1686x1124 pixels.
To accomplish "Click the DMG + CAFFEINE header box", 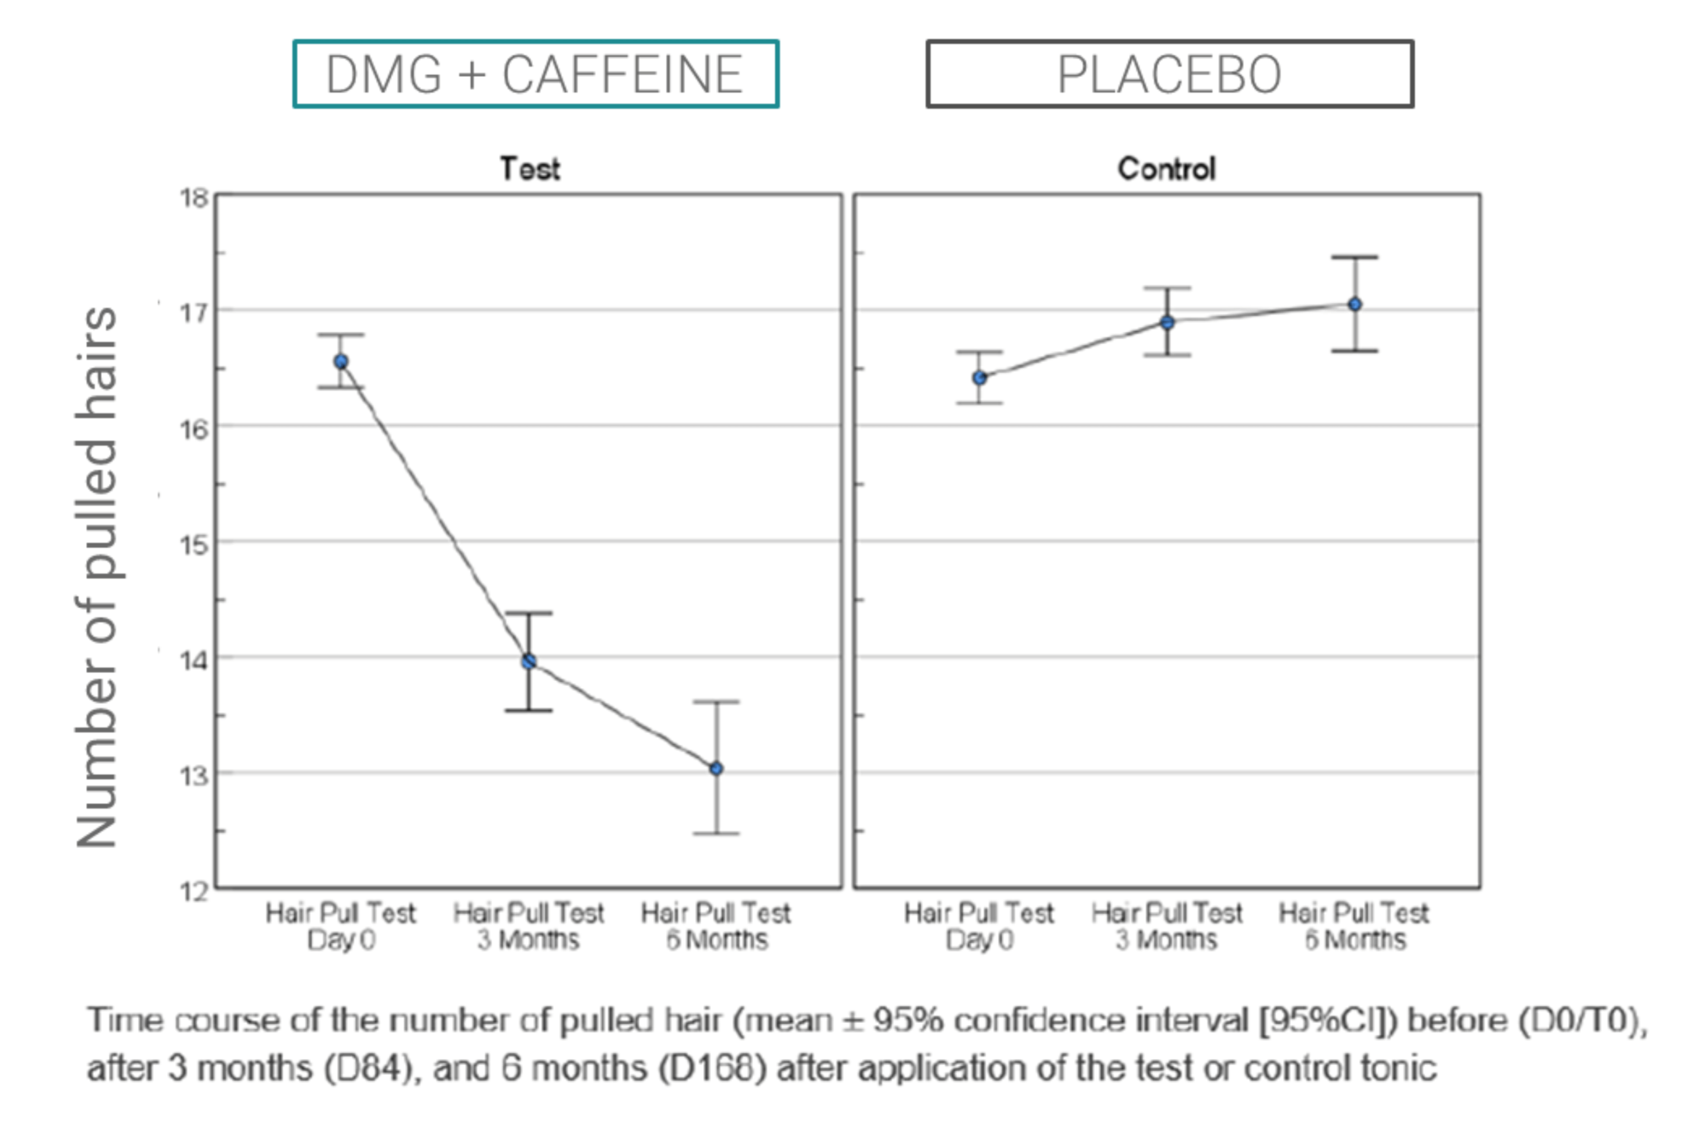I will tap(536, 74).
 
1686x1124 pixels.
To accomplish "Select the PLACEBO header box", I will tap(1169, 74).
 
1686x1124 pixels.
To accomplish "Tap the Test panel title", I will tap(530, 169).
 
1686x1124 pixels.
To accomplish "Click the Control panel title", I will tap(1166, 169).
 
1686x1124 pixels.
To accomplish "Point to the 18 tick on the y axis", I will tap(194, 198).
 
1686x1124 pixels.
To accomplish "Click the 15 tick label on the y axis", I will tap(194, 545).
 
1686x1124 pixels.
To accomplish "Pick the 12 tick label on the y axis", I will tap(194, 892).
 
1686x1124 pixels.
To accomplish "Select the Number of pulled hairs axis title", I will tap(97, 577).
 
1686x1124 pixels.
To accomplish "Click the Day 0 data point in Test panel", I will tap(341, 362).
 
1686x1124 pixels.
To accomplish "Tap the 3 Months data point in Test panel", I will tap(529, 661).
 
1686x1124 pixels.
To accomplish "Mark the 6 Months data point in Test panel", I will tap(716, 768).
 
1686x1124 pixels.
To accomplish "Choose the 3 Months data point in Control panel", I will tap(1167, 323).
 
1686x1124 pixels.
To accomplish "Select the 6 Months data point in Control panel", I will tap(1355, 304).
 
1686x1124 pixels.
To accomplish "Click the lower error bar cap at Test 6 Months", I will tap(716, 834).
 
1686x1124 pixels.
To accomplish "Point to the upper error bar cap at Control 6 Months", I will tap(1355, 257).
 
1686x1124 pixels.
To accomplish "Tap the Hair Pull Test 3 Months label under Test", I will tap(529, 926).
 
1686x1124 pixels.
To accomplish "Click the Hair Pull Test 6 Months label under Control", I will tap(1354, 926).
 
